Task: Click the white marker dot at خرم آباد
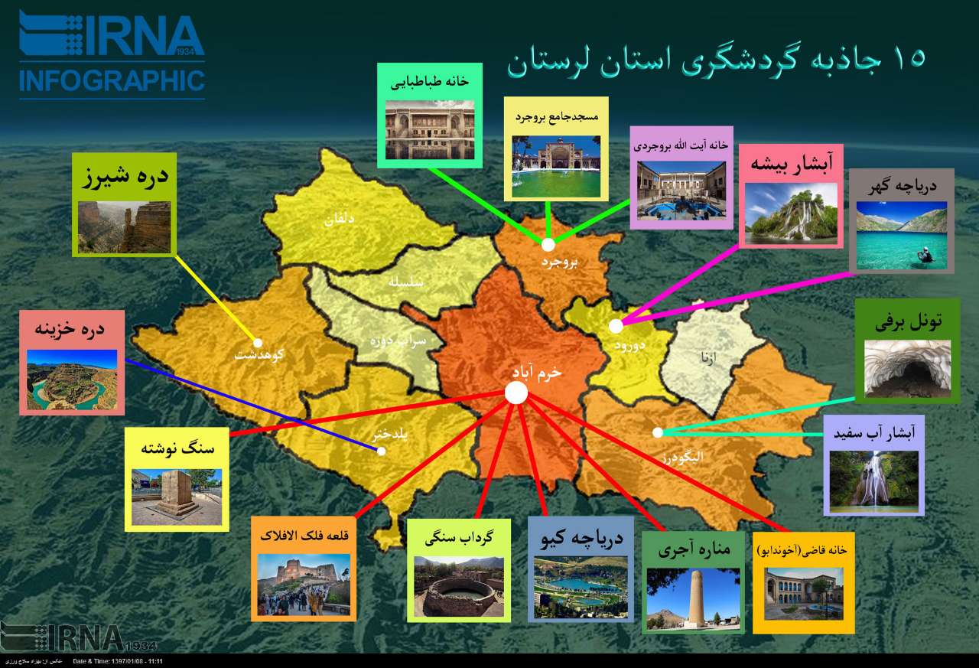[516, 393]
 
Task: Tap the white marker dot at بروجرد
[548, 245]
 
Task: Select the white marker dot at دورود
[616, 326]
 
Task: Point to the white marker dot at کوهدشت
[258, 343]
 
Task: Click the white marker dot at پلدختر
[382, 451]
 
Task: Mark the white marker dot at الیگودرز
[658, 432]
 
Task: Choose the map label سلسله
[406, 281]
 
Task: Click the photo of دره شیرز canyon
[124, 226]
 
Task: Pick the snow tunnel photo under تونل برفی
[907, 369]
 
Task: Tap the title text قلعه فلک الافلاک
[304, 536]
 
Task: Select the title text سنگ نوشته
[177, 448]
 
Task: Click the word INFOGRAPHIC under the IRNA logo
[112, 80]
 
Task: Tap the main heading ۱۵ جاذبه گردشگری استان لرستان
[716, 60]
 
